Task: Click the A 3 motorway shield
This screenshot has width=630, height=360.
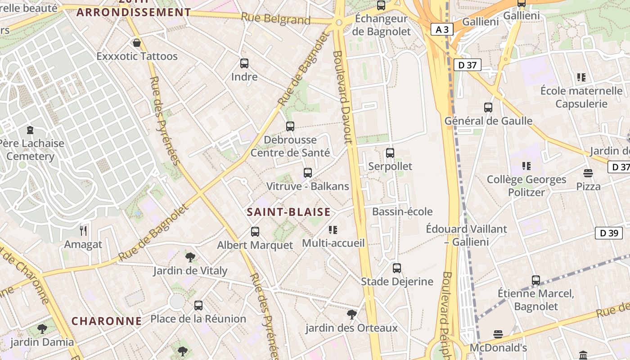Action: pos(442,30)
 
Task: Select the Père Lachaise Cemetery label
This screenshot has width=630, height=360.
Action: pos(31,150)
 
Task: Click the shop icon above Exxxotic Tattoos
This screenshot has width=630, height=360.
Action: pos(137,43)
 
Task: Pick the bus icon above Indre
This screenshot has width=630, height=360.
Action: pos(244,63)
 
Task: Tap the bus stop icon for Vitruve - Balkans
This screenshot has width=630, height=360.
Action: pos(308,173)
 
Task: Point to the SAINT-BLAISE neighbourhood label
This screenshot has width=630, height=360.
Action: pos(288,212)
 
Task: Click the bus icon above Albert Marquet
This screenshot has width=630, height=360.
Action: pos(255,232)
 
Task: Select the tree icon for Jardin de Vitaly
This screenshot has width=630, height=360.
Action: pos(190,257)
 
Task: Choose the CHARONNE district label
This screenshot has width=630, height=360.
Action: pos(107,321)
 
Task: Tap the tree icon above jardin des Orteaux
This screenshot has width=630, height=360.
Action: pos(352,314)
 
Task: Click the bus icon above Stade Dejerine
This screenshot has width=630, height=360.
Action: pos(397,268)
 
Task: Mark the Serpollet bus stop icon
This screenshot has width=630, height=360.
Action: pos(390,153)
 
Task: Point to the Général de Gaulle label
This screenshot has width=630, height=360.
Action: pos(488,121)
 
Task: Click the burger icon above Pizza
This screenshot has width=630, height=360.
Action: pos(588,173)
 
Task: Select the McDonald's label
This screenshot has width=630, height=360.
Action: pos(498,348)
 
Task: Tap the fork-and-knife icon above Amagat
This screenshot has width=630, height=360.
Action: pos(83,231)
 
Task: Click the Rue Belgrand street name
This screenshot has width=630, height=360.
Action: pos(275,19)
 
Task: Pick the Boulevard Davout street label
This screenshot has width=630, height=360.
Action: pos(342,97)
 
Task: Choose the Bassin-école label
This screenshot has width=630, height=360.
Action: pos(402,211)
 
